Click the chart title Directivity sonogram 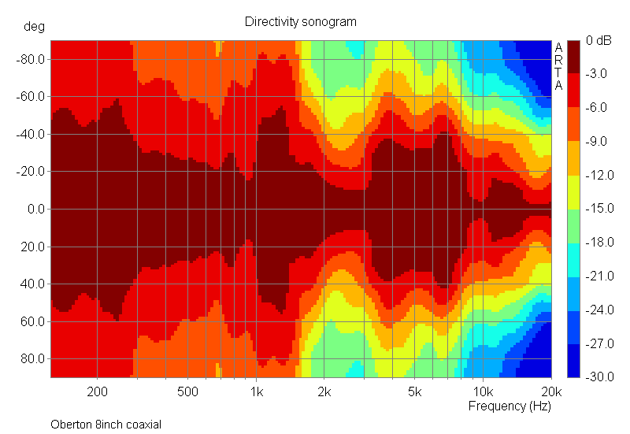tap(301, 22)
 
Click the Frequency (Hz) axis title tap(510, 406)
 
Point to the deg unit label tap(34, 26)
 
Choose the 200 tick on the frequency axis tap(98, 391)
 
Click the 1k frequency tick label tap(256, 391)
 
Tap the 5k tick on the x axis tap(415, 391)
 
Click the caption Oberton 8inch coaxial tap(106, 425)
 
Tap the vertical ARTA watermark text tap(558, 66)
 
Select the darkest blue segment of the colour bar tap(573, 360)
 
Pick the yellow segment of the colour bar tap(573, 191)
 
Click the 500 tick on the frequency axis tap(187, 391)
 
